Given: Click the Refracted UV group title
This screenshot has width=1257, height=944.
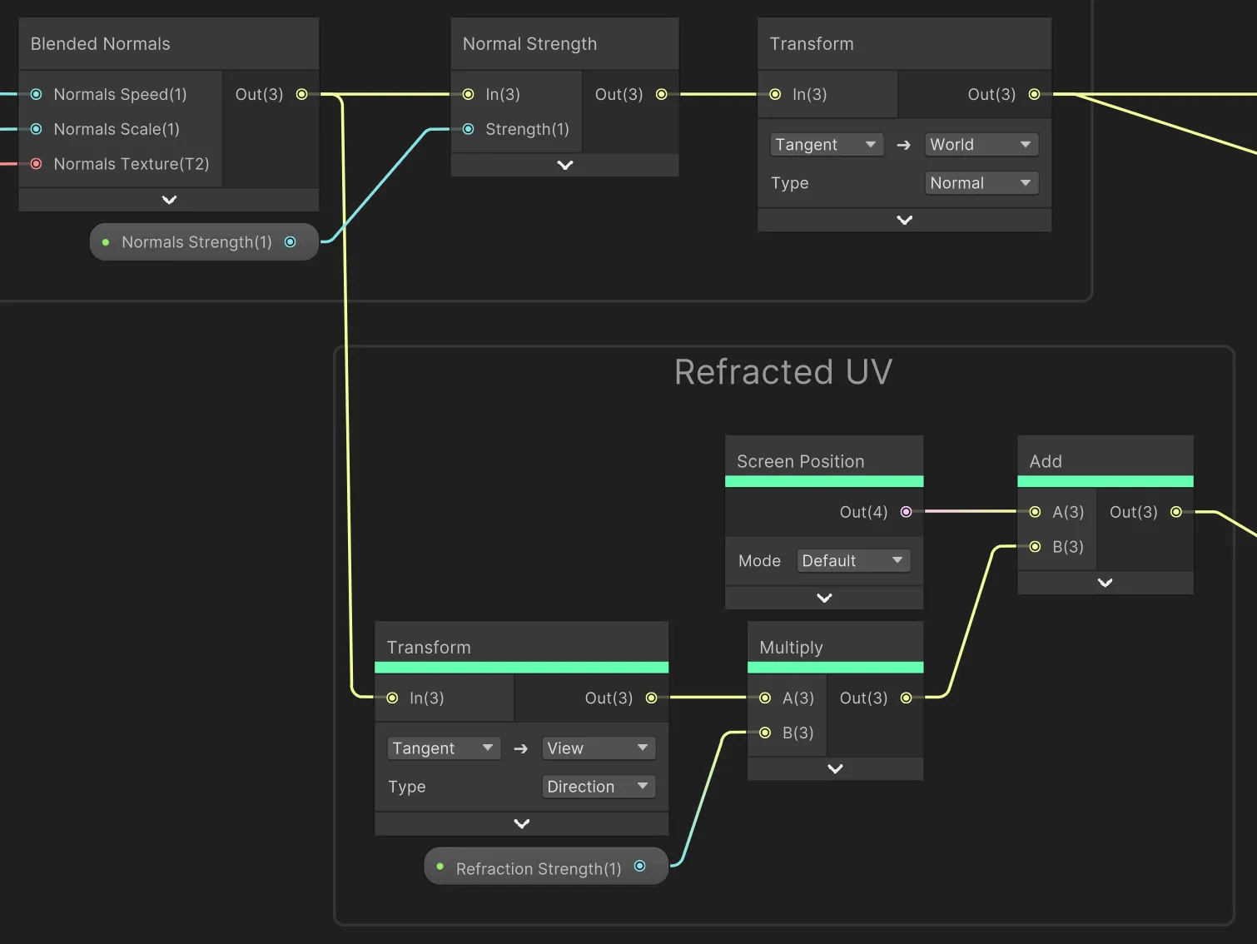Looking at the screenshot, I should (783, 372).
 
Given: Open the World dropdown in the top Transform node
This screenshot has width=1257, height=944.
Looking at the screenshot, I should (981, 145).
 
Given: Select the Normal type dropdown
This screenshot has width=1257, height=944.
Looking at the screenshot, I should (981, 183).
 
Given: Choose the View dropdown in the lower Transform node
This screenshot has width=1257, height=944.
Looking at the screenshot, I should (598, 748).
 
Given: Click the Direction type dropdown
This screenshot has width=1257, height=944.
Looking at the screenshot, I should (598, 787).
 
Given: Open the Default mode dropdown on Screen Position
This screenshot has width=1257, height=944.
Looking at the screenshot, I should (852, 561).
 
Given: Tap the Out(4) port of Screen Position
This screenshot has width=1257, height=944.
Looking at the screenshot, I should (906, 512).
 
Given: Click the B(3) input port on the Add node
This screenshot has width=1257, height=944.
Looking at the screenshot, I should (1035, 547).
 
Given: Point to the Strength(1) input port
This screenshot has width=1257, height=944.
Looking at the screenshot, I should (469, 129).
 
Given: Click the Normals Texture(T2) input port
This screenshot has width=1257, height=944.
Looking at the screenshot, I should (37, 164).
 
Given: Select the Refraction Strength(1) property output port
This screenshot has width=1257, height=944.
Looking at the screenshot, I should (639, 867).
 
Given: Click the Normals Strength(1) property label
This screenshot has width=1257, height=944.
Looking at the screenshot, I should (196, 242).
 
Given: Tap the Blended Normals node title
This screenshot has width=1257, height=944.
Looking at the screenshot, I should (101, 44).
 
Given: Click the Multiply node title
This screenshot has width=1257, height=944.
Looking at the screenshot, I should (791, 648).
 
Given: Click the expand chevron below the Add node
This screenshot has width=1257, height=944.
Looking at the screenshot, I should (1105, 583).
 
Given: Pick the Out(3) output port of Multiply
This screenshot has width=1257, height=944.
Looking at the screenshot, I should (906, 698).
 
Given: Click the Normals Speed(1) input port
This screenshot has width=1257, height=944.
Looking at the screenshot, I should (37, 94).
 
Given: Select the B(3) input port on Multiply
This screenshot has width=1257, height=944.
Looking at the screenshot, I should (765, 733).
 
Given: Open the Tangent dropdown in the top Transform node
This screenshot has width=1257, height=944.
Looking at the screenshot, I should (826, 145).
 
